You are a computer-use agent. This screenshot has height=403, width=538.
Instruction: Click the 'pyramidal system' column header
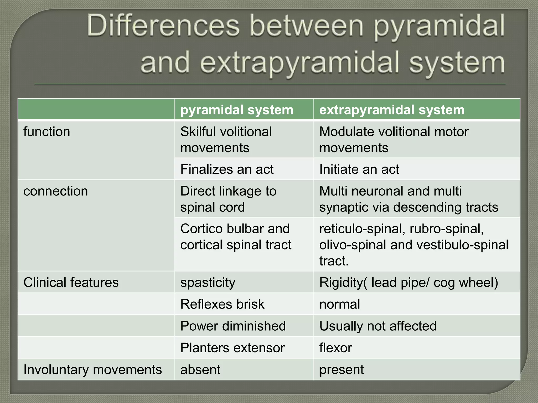237,110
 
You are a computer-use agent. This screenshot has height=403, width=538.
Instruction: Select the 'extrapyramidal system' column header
392,110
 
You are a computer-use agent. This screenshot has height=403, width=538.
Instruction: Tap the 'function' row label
47,132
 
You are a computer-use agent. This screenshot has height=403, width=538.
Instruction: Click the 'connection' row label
55,191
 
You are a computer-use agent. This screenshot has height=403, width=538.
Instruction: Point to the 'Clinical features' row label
71,283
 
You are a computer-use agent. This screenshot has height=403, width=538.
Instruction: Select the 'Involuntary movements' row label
92,370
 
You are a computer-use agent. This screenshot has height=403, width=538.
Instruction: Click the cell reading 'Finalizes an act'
227,169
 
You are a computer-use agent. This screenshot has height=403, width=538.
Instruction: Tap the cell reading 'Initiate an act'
359,169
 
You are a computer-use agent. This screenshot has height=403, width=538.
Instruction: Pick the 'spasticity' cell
208,283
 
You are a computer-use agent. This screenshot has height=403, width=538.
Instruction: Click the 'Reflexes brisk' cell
222,304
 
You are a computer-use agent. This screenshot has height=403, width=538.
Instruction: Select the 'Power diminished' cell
233,326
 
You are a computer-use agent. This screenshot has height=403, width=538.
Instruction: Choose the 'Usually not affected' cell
378,326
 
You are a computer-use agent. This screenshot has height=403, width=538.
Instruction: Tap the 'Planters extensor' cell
232,348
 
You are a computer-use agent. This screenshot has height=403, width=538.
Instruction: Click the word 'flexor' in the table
335,348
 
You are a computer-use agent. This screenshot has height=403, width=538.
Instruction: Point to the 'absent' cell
200,370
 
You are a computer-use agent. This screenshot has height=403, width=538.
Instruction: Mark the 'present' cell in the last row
342,370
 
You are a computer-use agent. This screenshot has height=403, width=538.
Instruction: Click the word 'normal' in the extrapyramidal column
340,304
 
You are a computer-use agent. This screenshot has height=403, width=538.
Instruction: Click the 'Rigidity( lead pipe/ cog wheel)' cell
408,283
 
